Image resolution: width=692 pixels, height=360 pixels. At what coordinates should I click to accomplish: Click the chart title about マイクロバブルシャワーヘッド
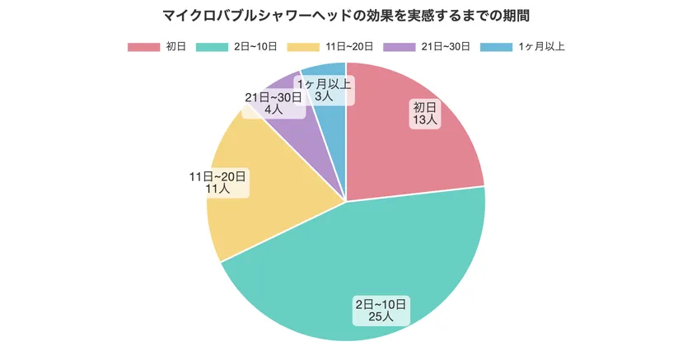tap(346, 16)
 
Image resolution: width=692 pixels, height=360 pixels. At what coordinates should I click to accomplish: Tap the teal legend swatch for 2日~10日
tap(212, 47)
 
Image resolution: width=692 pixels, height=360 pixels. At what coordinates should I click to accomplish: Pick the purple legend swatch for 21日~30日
tap(399, 47)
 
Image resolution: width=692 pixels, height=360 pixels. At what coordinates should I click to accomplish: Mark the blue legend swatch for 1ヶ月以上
tap(495, 47)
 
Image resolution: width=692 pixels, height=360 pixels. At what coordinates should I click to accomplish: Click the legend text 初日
tap(175, 47)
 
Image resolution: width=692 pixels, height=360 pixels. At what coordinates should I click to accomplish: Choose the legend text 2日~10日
tap(255, 47)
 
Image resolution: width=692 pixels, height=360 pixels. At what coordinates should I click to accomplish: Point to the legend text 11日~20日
tap(348, 47)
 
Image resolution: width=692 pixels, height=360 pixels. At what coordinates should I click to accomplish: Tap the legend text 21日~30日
tap(445, 47)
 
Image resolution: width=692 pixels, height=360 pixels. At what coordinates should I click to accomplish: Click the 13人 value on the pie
tap(425, 120)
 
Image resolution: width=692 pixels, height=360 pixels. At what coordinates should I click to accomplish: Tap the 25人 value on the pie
tap(381, 317)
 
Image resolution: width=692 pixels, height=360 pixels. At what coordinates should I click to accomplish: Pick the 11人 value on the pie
tap(217, 189)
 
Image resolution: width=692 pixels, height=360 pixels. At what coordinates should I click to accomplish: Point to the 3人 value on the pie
tap(324, 96)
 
